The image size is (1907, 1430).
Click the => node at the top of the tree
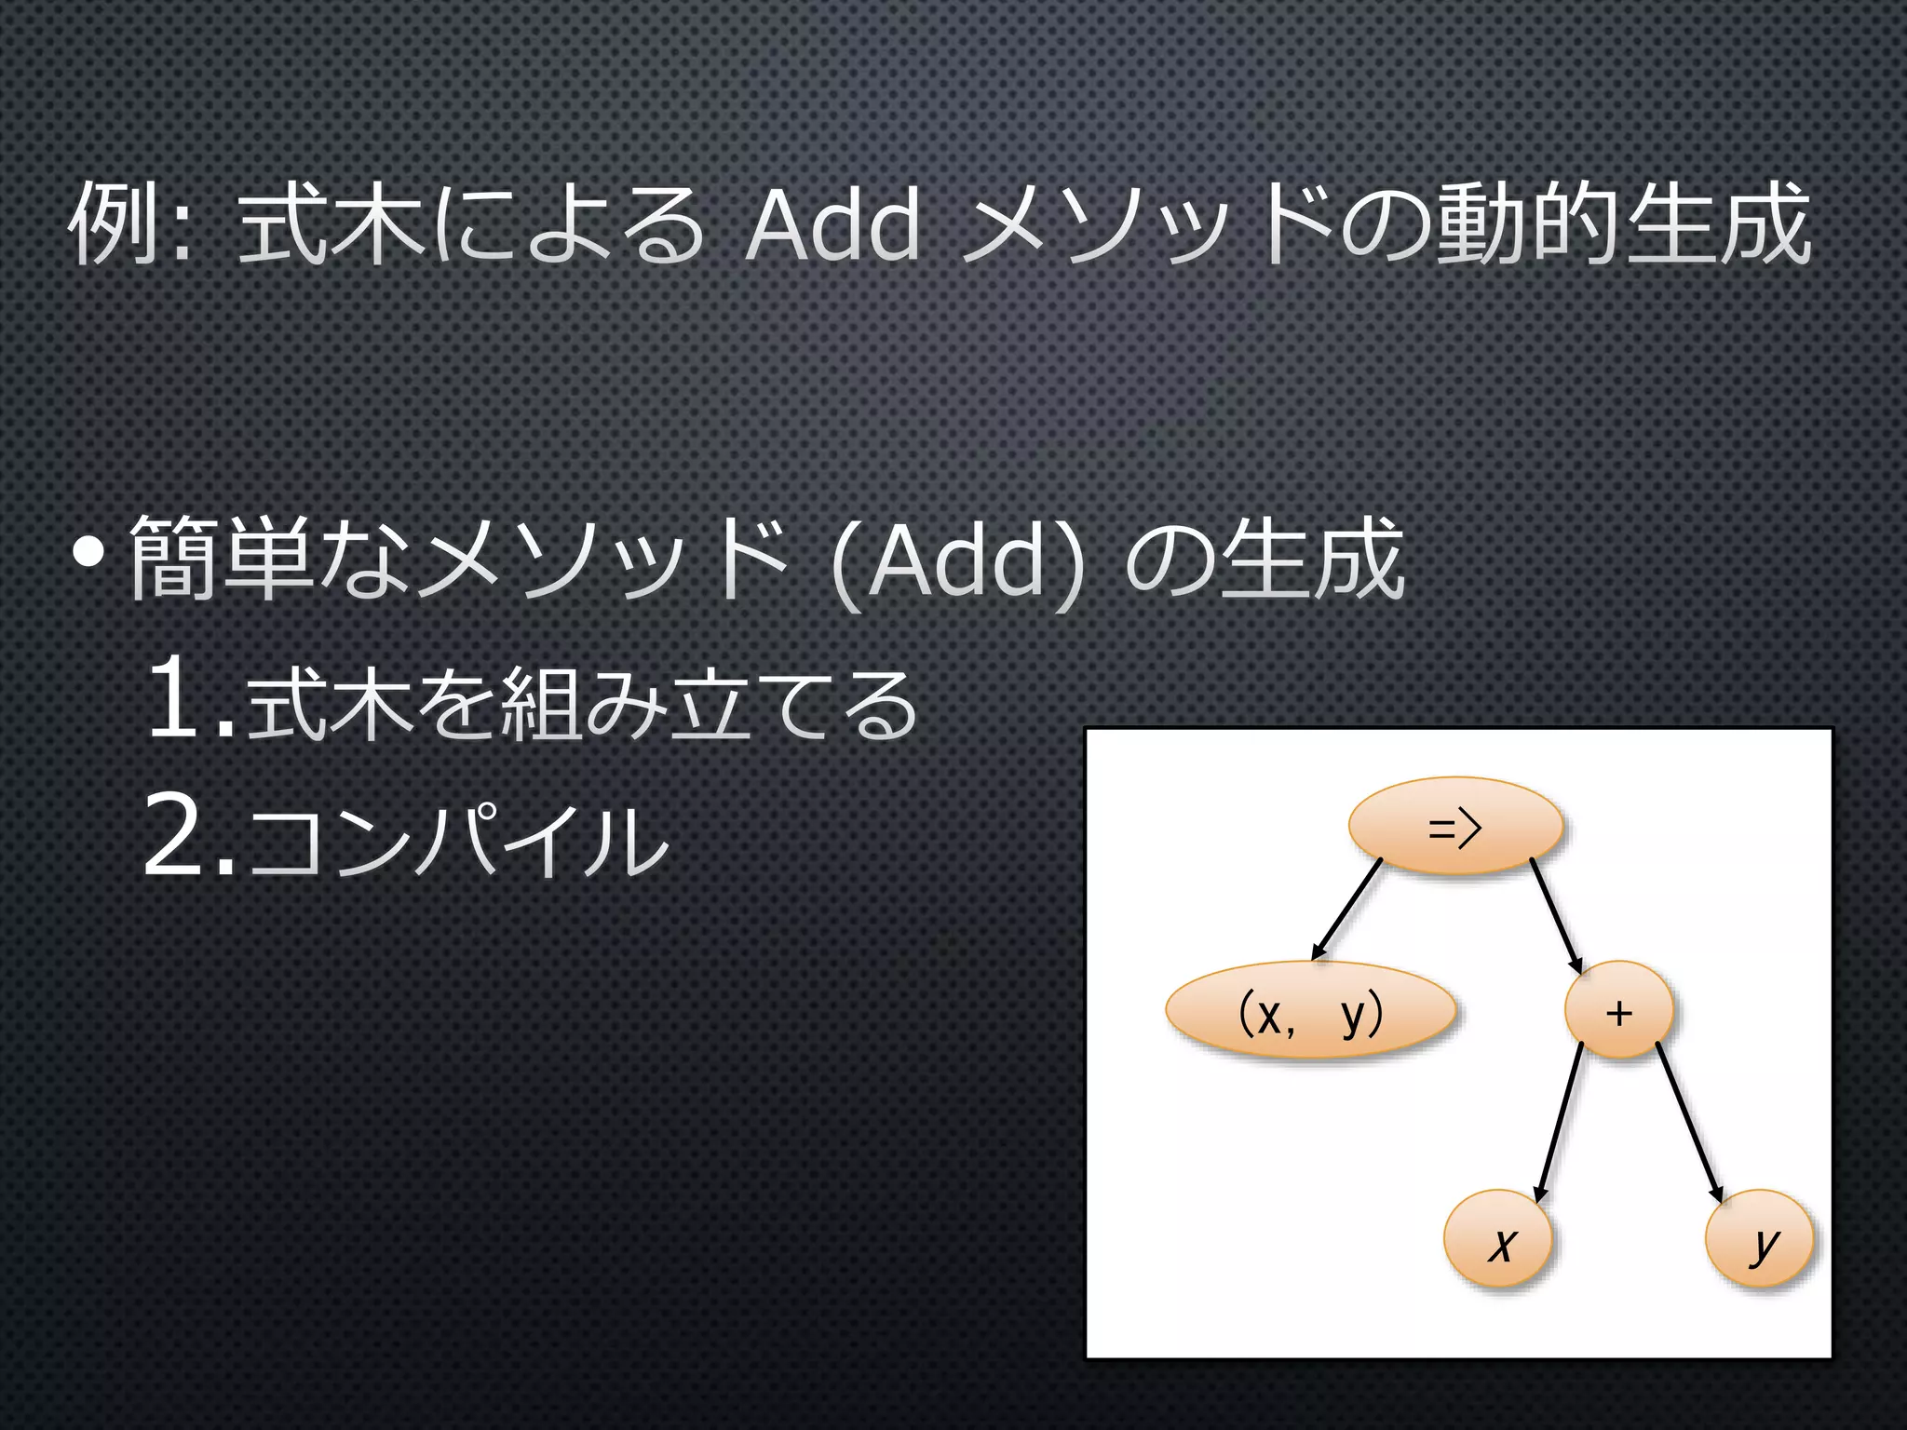(x=1454, y=827)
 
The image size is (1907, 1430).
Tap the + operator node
(x=1618, y=1011)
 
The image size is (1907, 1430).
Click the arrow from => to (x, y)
(x=1346, y=909)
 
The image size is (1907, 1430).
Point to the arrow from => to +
(x=1556, y=916)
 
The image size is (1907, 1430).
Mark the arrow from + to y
(x=1689, y=1123)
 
